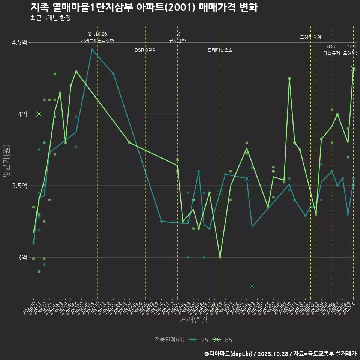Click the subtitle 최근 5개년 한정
[x=50, y=18]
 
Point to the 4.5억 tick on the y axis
[x=19, y=43]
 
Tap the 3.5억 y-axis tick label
[x=19, y=186]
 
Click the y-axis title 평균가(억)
[x=7, y=161]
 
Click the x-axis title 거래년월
[x=193, y=320]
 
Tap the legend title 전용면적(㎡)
[x=169, y=340]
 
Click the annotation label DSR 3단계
[x=145, y=50]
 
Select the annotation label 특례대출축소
[x=220, y=50]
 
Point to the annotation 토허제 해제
[x=311, y=37]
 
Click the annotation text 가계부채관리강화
[x=97, y=40]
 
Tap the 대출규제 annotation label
[x=332, y=53]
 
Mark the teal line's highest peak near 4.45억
[x=92, y=49]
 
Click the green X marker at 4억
[x=39, y=114]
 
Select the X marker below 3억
[x=252, y=286]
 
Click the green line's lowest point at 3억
[x=220, y=257]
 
